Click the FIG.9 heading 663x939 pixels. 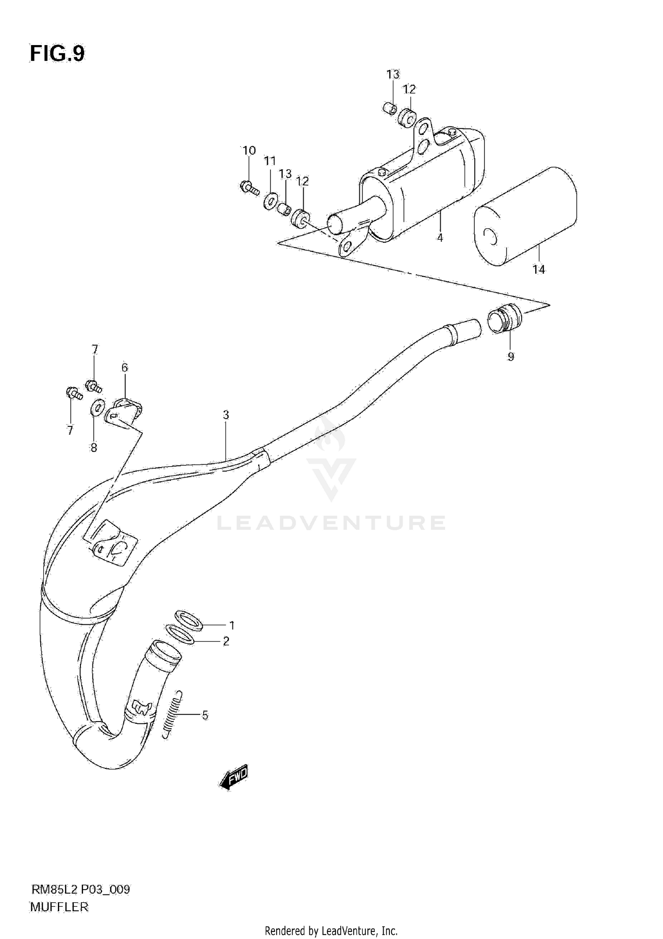click(57, 54)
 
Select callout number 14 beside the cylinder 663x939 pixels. click(539, 269)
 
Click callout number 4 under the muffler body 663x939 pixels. click(440, 238)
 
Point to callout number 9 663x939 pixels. click(511, 357)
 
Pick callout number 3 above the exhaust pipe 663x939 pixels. click(226, 415)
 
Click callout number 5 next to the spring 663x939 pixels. click(205, 715)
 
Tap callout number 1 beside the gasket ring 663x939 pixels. click(232, 625)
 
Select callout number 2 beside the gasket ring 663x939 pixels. click(226, 641)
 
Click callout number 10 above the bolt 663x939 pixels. click(249, 151)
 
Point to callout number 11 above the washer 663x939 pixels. click(270, 161)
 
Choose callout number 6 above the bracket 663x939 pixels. click(125, 367)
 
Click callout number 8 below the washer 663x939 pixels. click(94, 448)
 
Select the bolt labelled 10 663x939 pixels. click(250, 189)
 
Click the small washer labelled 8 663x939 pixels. click(97, 407)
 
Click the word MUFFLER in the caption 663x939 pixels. click(59, 907)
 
